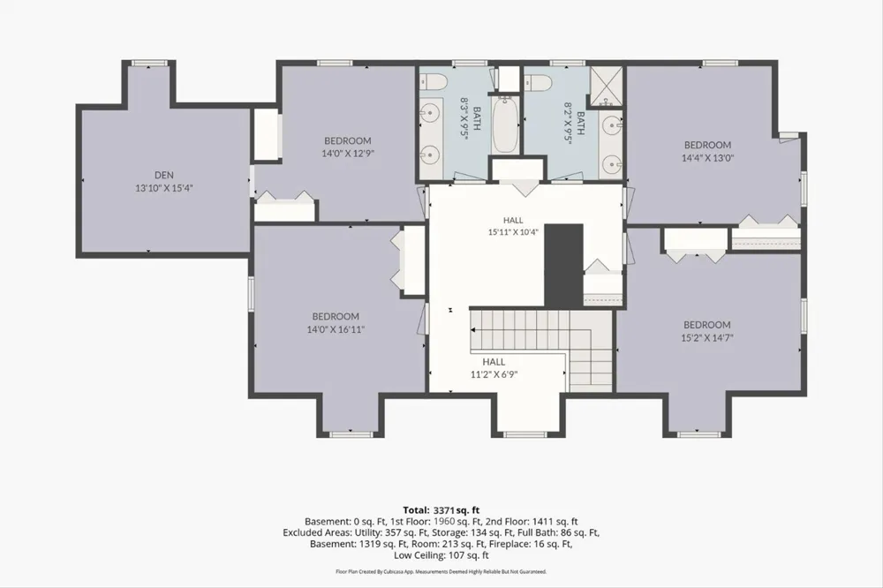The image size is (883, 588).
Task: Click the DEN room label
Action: coord(164,175)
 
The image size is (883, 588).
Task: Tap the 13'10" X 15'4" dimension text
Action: coord(164,188)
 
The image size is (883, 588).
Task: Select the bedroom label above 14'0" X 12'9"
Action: coord(347,140)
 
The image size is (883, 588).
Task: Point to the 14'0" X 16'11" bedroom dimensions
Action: coord(336,329)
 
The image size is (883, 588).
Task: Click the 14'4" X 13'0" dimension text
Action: coord(707,158)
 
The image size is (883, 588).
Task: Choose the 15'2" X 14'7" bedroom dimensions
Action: coord(706,338)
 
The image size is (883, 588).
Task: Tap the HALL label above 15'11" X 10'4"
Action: coord(513,220)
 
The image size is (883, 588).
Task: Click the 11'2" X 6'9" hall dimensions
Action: coord(494,374)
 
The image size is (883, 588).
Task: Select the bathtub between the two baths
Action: coord(504,125)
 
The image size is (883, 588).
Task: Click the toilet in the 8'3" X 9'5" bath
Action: coord(434,82)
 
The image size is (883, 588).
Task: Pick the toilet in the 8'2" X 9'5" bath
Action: coord(540,83)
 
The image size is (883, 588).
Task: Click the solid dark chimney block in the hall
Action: coord(563,265)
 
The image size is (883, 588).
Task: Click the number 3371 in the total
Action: coord(443,511)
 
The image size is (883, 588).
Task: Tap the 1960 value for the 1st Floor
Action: coord(444,522)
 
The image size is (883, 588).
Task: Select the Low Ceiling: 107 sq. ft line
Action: coord(441,555)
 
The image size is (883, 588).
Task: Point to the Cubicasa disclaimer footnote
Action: coord(441,572)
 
